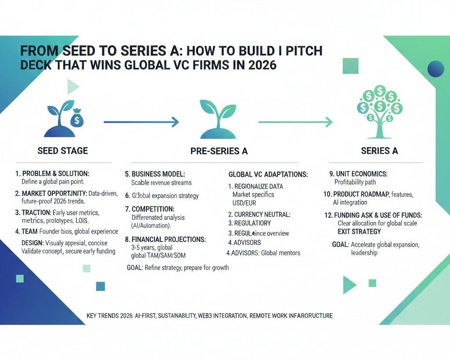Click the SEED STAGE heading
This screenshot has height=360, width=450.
[62, 151]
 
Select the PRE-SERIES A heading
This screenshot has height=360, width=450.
[219, 151]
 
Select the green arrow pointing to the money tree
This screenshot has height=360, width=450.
[295, 122]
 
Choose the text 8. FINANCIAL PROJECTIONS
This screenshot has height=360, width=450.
[165, 240]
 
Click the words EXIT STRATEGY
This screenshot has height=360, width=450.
[359, 232]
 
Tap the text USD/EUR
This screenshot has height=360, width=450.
[244, 203]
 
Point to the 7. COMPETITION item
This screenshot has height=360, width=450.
[150, 209]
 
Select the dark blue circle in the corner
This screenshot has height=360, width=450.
[435, 69]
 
